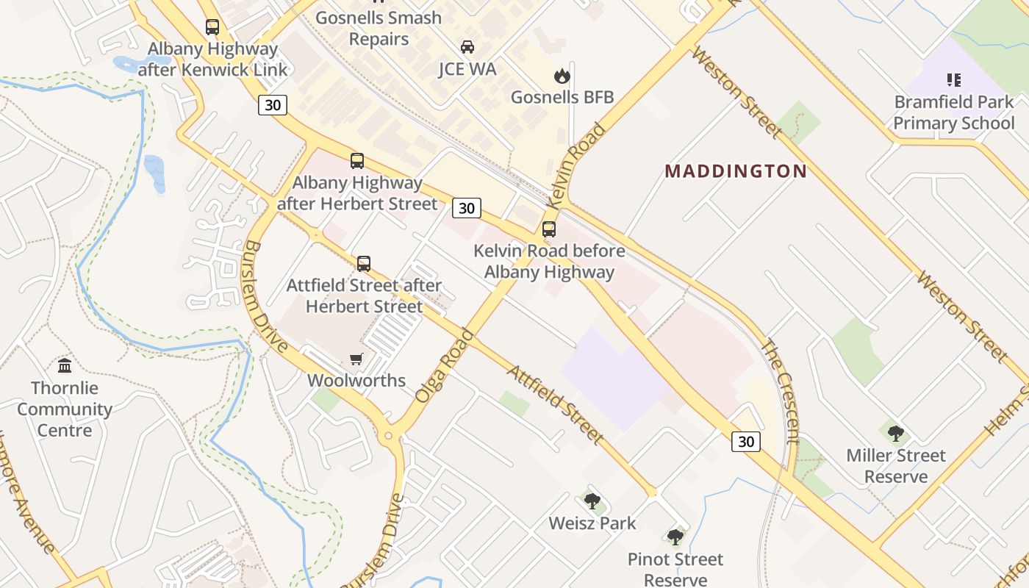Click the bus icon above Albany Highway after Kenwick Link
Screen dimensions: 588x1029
212,27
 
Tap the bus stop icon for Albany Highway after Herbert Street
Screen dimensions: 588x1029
357,160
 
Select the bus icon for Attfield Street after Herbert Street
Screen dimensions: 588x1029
363,264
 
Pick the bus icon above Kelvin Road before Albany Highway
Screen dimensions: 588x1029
549,229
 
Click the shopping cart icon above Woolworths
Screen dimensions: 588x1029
356,359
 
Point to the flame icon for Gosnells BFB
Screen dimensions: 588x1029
562,76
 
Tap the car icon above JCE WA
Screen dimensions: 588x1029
467,47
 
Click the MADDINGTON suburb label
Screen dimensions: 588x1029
736,171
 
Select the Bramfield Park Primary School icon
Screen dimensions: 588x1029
954,80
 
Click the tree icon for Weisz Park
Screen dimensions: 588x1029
592,501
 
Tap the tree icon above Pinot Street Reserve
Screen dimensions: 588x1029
675,537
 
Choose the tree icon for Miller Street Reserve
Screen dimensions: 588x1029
895,433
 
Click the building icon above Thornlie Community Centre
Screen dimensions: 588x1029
65,365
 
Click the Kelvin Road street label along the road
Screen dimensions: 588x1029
578,164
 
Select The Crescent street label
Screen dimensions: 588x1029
780,390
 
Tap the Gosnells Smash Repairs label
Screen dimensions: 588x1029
379,28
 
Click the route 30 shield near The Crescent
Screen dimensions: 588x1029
746,441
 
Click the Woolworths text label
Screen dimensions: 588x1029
356,380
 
